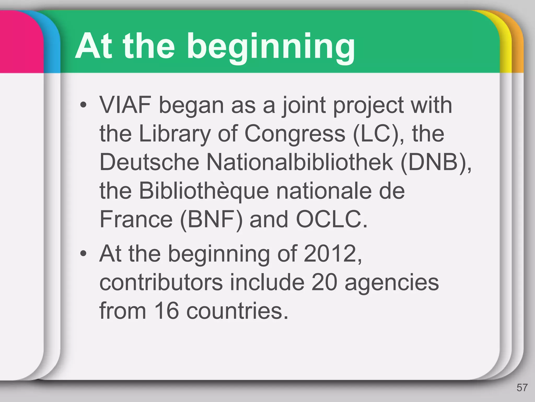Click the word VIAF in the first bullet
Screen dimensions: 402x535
[x=125, y=105]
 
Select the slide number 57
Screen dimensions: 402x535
[x=522, y=388]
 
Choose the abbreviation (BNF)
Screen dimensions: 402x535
[x=211, y=219]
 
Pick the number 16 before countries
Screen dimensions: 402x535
[x=166, y=311]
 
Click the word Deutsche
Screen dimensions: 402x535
[x=149, y=162]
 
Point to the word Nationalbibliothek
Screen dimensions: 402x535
[x=300, y=162]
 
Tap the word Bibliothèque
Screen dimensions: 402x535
[x=204, y=191]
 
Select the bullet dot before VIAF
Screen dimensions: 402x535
[x=83, y=105]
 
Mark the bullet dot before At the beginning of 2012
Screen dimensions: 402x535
[x=83, y=253]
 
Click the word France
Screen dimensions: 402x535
[x=136, y=219]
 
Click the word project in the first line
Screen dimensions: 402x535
[x=368, y=105]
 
